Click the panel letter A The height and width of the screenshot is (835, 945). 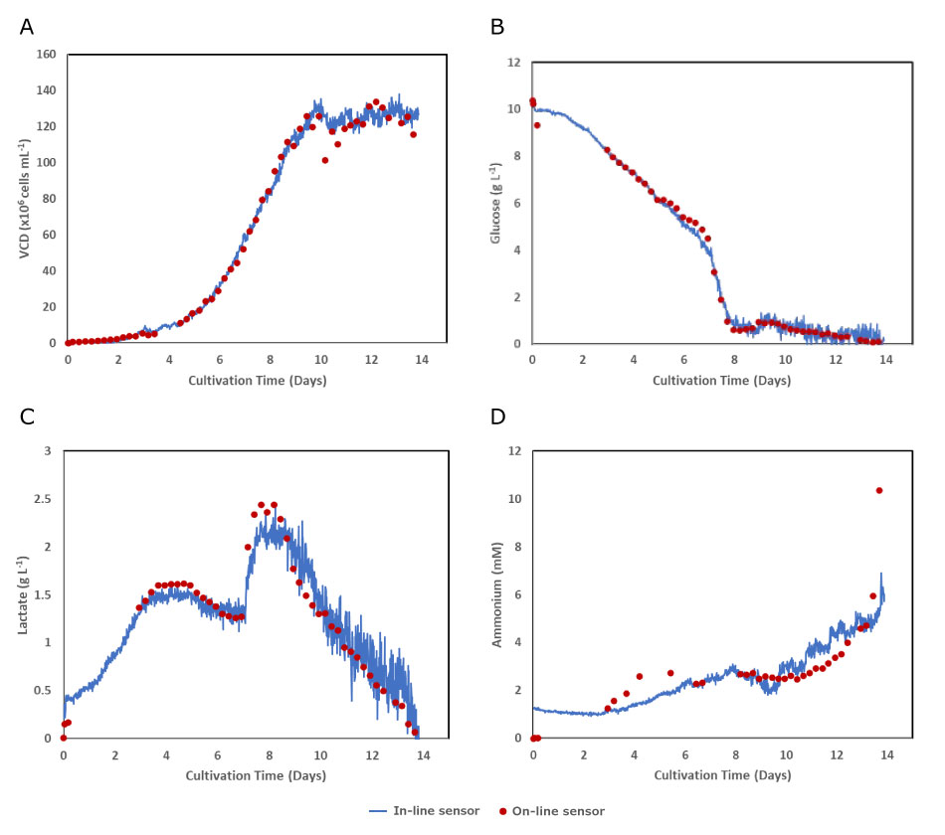(x=28, y=26)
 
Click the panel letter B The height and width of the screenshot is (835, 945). (x=497, y=26)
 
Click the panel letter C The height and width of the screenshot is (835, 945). (x=28, y=415)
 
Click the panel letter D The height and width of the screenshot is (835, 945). (x=498, y=415)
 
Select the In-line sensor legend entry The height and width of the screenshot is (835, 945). (x=429, y=811)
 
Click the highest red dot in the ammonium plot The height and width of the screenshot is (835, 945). (x=879, y=490)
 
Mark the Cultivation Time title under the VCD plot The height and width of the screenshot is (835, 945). (x=257, y=380)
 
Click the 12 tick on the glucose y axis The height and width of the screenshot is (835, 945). (x=515, y=62)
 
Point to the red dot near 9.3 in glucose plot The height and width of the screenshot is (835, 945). (x=537, y=125)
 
